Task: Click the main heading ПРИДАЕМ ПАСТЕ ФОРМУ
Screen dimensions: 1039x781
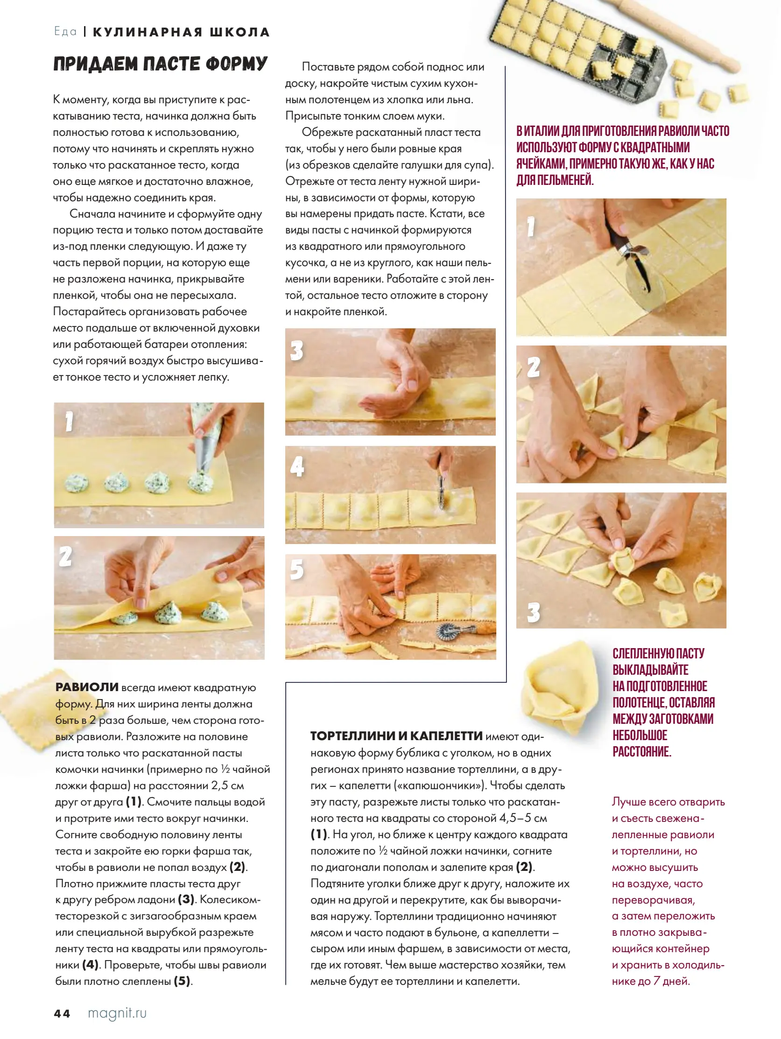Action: click(160, 64)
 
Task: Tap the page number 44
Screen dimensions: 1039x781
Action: click(62, 1014)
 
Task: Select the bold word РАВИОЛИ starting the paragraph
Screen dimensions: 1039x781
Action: click(87, 687)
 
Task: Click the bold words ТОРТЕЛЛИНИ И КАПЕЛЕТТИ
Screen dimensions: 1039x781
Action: click(396, 736)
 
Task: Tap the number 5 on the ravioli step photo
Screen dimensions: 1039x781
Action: click(297, 570)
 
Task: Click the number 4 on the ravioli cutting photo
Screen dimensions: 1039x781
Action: click(297, 467)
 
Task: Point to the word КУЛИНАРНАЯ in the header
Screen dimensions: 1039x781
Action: click(148, 32)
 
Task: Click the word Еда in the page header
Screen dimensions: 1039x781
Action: click(65, 31)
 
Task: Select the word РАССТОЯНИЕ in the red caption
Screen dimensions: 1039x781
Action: click(641, 751)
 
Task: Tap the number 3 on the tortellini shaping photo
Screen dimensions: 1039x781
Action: click(533, 613)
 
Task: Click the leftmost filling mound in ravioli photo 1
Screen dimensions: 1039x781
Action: click(77, 483)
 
